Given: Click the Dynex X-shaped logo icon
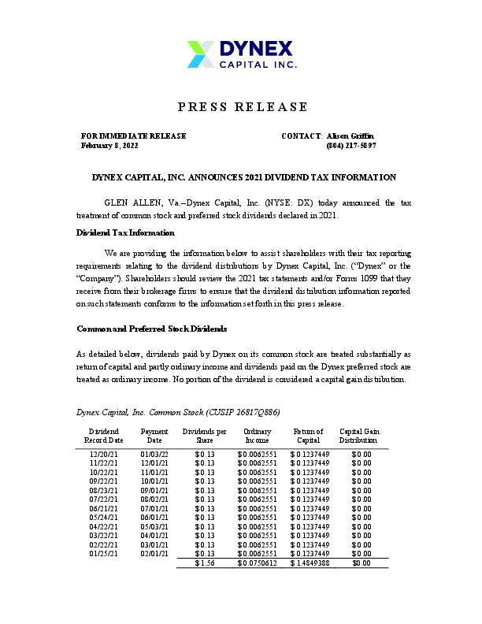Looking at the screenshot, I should [x=199, y=54].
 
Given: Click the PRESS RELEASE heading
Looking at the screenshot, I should [x=241, y=106].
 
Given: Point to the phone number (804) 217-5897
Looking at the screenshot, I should [x=350, y=146].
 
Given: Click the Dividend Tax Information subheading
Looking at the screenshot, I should [x=125, y=232].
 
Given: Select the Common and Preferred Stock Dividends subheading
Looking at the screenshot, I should [x=151, y=328].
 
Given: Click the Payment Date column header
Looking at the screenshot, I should [x=154, y=436].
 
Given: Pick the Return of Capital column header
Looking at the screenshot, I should [x=307, y=436].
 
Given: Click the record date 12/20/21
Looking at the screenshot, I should [x=104, y=454].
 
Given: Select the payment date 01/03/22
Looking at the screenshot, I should [x=154, y=454].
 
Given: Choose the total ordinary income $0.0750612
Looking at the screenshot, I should [x=257, y=563].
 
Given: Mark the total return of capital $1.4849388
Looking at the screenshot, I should [x=310, y=563].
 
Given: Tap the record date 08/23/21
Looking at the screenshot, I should [x=104, y=489].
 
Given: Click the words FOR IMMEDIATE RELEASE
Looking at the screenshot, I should [x=134, y=136].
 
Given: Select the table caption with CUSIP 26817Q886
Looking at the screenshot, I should [x=178, y=412].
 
